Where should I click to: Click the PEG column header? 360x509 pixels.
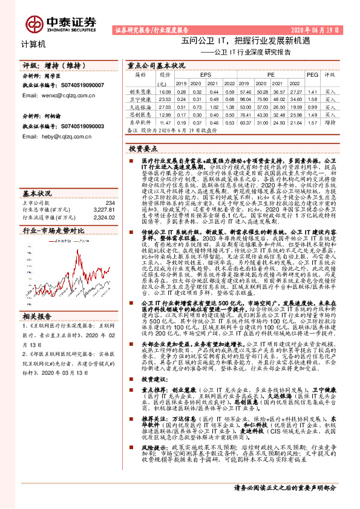click(x=312, y=74)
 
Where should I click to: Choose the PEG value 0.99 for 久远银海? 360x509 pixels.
click(x=312, y=106)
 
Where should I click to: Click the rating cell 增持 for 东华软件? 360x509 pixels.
click(x=330, y=122)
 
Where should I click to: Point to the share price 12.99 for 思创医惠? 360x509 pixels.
click(x=164, y=114)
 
